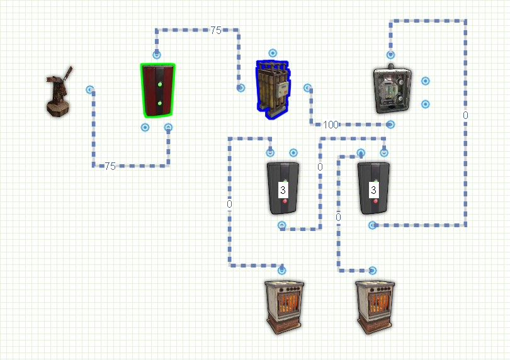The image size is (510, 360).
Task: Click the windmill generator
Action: click(59, 92)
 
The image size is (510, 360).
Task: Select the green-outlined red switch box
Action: click(158, 90)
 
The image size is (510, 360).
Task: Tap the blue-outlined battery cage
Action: click(273, 89)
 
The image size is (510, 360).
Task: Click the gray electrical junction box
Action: click(392, 89)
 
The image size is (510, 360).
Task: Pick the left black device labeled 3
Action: click(283, 188)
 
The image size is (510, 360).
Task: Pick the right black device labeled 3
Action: click(373, 188)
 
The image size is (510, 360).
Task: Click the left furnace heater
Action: click(284, 307)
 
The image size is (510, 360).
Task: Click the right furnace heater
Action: click(375, 307)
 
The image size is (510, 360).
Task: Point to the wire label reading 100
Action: click(331, 125)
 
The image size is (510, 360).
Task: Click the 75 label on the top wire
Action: click(215, 30)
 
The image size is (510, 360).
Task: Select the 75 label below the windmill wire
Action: click(110, 166)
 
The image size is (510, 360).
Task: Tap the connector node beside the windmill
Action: click(90, 89)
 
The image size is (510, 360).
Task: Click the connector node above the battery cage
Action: click(273, 53)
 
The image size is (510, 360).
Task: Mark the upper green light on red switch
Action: click(160, 84)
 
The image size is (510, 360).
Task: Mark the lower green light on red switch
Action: click(160, 103)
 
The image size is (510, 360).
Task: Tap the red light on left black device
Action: click(285, 201)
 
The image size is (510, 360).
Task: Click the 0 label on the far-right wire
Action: click(465, 115)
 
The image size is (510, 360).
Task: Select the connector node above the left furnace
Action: click(281, 270)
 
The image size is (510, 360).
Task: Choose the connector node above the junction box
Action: click(390, 55)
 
